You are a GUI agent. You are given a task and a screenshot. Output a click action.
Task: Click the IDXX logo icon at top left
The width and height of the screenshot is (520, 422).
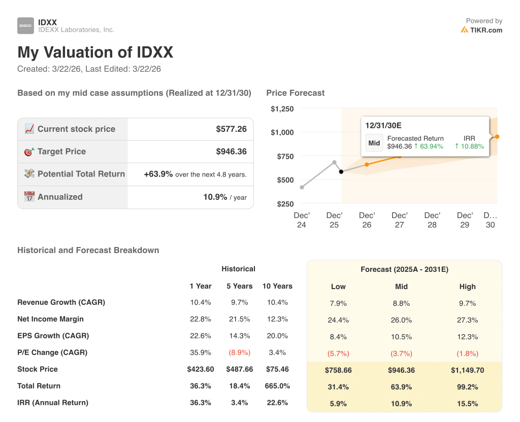tap(25, 25)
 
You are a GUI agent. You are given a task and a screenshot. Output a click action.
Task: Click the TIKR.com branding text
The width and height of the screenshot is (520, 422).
tap(485, 30)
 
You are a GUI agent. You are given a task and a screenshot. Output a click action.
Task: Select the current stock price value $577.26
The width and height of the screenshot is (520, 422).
tap(231, 129)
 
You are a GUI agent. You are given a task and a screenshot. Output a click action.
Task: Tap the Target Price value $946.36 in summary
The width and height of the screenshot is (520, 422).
tap(231, 152)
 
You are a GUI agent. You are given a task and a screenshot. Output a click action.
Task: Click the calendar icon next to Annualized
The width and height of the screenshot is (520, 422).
tap(29, 197)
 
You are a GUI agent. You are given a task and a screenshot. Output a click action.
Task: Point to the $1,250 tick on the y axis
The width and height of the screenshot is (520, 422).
tap(282, 109)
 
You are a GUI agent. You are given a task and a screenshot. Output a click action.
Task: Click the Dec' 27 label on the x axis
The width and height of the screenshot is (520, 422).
tap(400, 220)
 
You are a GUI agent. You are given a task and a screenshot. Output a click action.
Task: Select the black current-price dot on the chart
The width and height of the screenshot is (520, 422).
tap(341, 172)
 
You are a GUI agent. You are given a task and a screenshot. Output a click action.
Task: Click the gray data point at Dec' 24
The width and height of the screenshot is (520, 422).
tap(302, 188)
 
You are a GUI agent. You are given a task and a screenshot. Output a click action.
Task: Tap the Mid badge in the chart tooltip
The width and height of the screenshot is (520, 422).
tap(374, 143)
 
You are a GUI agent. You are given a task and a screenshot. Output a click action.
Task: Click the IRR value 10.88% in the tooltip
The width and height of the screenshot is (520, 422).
tap(469, 146)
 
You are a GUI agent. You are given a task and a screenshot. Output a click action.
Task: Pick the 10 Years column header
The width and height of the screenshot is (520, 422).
tap(277, 286)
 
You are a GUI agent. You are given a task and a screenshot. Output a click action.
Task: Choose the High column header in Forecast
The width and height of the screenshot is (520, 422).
tap(467, 287)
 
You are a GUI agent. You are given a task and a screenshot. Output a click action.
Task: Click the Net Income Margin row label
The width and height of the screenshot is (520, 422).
tap(50, 319)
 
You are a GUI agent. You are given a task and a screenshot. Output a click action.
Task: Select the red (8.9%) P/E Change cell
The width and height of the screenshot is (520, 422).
tap(239, 353)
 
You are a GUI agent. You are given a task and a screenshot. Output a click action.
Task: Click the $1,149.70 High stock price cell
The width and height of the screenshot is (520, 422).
tap(467, 370)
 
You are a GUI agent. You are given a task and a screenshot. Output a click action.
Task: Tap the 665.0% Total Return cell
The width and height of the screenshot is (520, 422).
tap(277, 386)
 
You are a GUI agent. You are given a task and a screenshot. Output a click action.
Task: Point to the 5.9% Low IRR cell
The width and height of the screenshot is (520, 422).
tap(338, 404)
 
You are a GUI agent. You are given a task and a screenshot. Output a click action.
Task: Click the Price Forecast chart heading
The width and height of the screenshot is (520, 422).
tap(295, 93)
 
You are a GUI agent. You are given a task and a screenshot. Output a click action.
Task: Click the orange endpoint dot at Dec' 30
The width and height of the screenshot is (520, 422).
tap(497, 136)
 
